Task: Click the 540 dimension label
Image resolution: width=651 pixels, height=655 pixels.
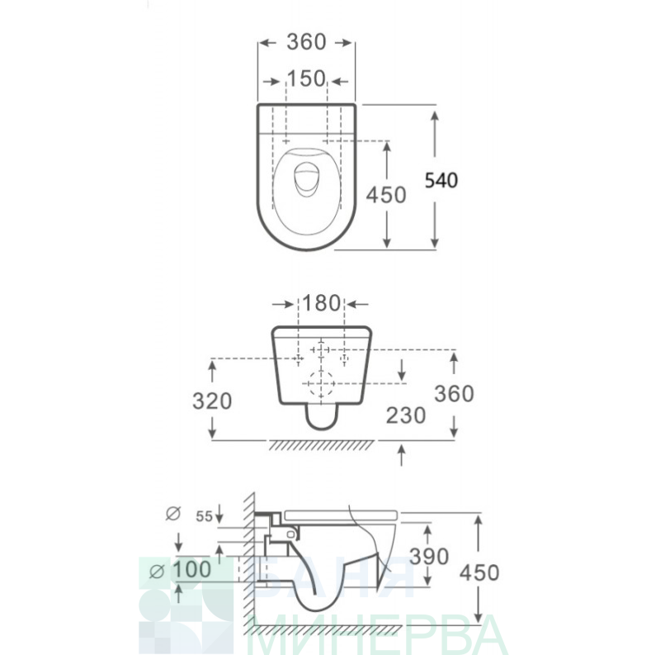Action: [x=441, y=180]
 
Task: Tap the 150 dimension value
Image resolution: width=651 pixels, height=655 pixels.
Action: [x=306, y=78]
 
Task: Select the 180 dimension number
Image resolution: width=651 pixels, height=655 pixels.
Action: [x=321, y=303]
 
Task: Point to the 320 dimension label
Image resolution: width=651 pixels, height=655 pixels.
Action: [x=212, y=401]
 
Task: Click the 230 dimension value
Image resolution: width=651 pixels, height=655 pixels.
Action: [x=406, y=415]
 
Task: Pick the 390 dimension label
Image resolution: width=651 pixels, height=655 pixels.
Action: [x=429, y=557]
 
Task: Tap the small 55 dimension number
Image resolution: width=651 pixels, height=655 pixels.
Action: [x=205, y=517]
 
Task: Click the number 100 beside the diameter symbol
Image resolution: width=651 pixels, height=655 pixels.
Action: [x=192, y=569]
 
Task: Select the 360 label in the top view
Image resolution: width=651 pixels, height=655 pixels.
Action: [x=306, y=42]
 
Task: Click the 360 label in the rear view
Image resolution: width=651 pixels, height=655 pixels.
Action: [x=454, y=394]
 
